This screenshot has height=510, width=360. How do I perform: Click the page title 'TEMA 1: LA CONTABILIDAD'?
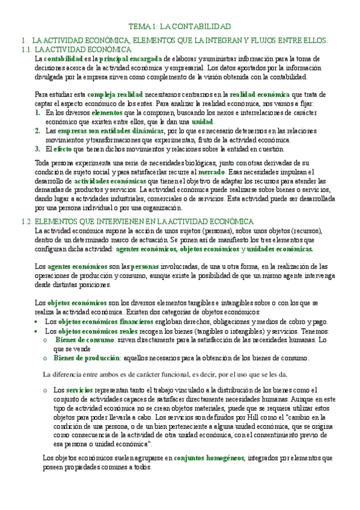click(180, 27)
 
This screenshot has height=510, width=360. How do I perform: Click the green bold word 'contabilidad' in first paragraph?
click(63, 59)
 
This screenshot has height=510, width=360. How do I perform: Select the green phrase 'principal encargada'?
click(130, 59)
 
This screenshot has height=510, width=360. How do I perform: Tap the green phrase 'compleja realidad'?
click(115, 94)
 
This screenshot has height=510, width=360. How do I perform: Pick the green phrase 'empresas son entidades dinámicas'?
click(110, 130)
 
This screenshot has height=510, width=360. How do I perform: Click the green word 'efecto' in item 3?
click(63, 149)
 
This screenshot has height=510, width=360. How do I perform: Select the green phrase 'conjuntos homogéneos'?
click(209, 458)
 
